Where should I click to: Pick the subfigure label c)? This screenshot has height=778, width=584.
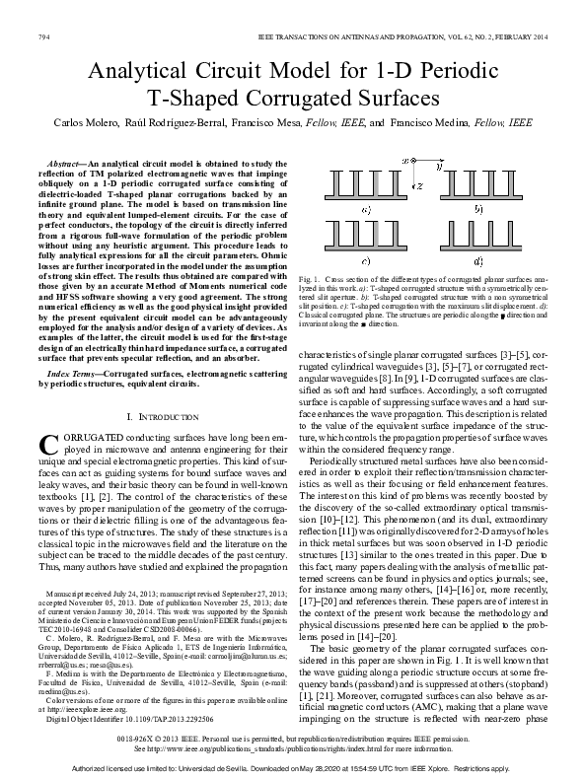pyautogui.click(x=366, y=261)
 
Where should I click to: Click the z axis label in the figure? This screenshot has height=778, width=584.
pyautogui.click(x=419, y=184)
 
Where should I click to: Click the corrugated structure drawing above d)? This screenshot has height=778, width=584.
pyautogui.click(x=479, y=238)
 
